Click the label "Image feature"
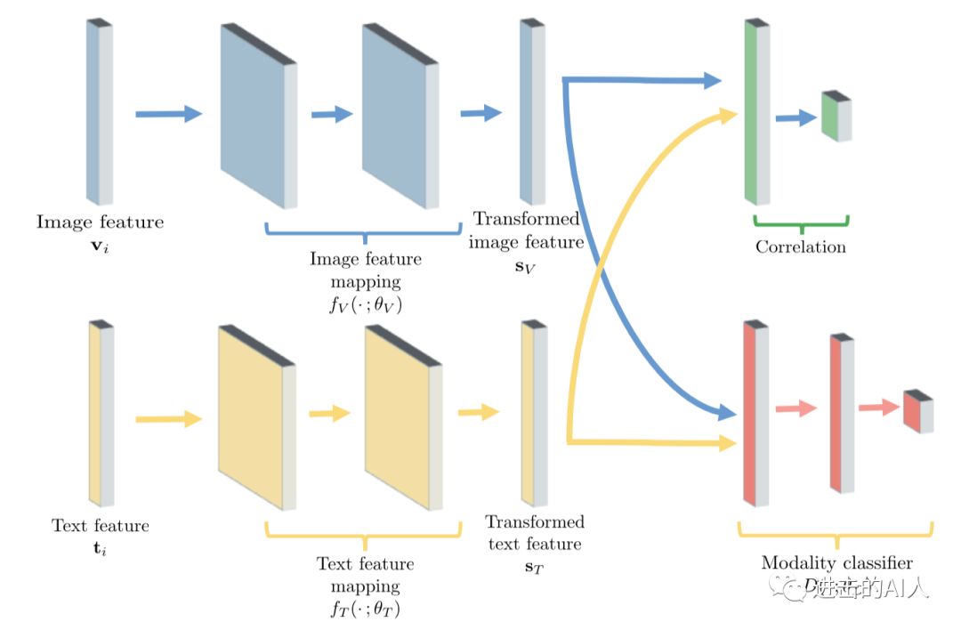[100, 222]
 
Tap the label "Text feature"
[100, 525]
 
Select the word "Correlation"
[800, 246]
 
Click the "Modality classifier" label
[836, 563]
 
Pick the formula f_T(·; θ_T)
[365, 610]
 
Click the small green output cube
[836, 116]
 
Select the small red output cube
[917, 412]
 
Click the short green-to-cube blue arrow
[795, 118]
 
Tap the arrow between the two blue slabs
[332, 114]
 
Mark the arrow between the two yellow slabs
[329, 413]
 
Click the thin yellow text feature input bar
[101, 413]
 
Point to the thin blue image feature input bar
[99, 111]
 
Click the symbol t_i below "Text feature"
[100, 547]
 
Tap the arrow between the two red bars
[795, 408]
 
